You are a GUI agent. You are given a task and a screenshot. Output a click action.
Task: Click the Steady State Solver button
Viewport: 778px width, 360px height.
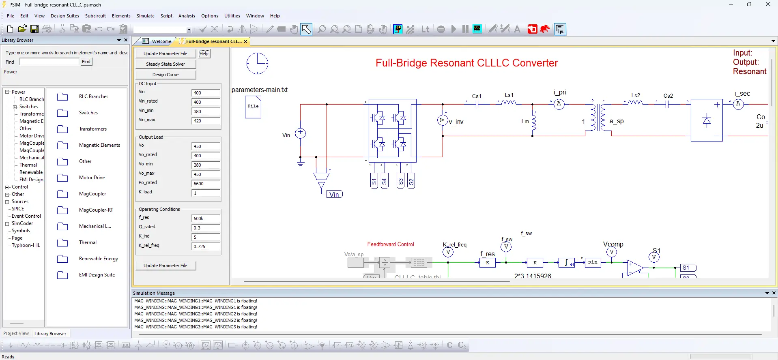[165, 64]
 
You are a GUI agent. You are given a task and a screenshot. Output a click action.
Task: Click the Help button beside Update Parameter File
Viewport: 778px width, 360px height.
[204, 54]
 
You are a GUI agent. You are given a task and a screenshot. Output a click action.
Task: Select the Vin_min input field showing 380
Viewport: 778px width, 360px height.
[206, 111]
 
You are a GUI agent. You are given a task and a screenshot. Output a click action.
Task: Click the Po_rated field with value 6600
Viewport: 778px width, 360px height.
[206, 184]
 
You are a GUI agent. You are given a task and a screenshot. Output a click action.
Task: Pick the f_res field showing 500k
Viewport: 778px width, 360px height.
[206, 219]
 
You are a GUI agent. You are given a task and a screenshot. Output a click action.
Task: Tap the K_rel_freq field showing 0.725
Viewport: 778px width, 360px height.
[206, 246]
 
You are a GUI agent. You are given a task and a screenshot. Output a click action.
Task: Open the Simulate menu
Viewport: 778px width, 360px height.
[145, 16]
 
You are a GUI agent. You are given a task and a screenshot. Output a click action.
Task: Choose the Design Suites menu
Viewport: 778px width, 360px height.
[65, 16]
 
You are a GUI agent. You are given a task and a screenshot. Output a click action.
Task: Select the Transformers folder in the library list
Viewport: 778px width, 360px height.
[92, 129]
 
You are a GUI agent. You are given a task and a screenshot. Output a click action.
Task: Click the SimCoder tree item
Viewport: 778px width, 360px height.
[22, 223]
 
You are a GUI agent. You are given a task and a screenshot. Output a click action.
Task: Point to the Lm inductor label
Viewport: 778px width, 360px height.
[525, 121]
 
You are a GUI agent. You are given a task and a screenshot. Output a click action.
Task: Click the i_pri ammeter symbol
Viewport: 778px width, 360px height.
[559, 104]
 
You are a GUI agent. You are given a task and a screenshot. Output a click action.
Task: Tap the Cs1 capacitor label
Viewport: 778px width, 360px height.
[477, 96]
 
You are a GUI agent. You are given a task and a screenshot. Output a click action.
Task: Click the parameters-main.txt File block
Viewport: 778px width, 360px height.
[253, 107]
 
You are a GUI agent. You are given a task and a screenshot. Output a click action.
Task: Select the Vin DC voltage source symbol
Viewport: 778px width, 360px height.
[300, 133]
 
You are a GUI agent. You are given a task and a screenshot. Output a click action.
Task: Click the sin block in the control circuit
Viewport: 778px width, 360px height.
[593, 262]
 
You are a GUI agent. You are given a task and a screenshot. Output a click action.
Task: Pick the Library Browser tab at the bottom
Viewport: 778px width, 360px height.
[50, 334]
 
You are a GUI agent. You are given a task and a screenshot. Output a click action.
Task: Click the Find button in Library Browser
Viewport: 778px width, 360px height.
[86, 62]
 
